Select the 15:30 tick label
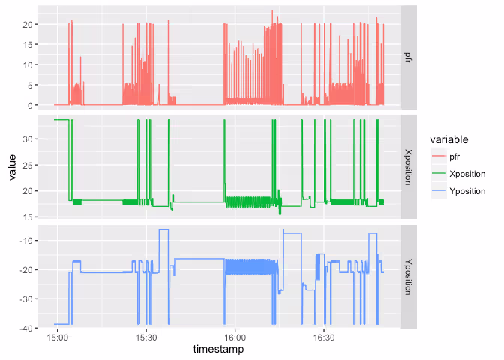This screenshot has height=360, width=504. click(146, 337)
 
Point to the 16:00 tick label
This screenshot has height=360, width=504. click(235, 337)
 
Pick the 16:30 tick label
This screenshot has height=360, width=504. click(324, 337)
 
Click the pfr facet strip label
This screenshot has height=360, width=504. click(408, 57)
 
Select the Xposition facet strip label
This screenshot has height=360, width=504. click(408, 166)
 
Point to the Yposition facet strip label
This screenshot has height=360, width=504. click(408, 277)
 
